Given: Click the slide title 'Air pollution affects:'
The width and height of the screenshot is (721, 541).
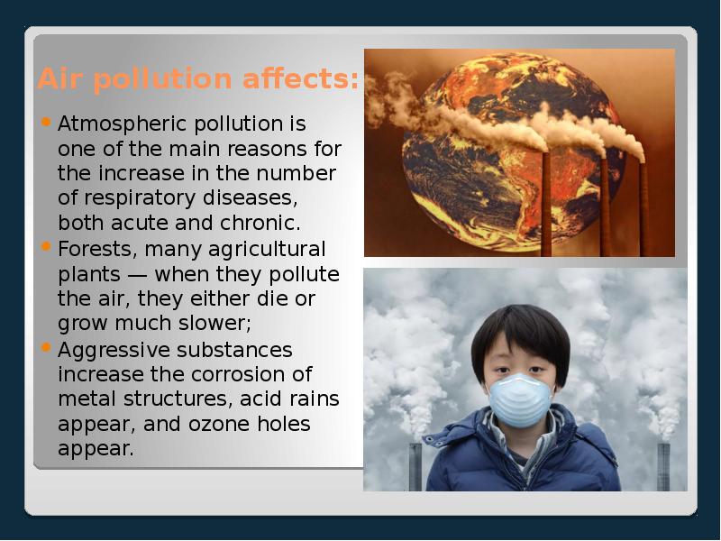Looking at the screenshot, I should coord(197,79).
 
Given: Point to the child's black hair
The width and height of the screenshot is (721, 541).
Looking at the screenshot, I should coord(522,326).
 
